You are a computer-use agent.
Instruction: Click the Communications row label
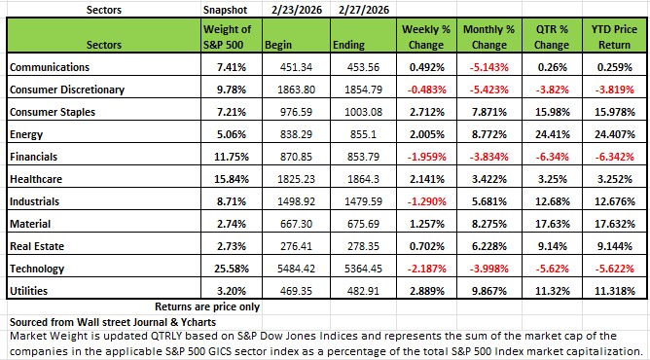[50, 67]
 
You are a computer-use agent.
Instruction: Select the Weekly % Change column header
[426, 37]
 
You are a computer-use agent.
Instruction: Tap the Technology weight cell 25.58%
[232, 269]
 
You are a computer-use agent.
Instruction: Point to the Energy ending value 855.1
[364, 134]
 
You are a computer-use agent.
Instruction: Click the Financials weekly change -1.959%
[426, 157]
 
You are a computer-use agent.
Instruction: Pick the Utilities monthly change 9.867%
[489, 291]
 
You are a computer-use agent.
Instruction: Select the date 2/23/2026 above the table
[297, 10]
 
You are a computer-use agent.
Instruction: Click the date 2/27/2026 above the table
[364, 10]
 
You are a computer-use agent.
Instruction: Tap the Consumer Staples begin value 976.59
[296, 112]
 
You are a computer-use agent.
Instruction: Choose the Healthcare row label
[36, 179]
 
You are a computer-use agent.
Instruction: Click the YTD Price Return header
[614, 37]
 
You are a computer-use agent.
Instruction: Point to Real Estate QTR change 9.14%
[552, 246]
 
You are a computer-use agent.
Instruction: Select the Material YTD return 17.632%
[615, 224]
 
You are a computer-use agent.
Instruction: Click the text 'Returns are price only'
[207, 306]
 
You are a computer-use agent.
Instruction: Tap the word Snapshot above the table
[225, 10]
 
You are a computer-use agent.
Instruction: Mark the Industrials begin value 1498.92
[296, 201]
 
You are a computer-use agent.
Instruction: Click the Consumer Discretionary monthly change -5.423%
[489, 90]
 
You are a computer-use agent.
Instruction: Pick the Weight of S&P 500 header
[227, 37]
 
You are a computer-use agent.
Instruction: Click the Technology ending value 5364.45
[364, 269]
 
